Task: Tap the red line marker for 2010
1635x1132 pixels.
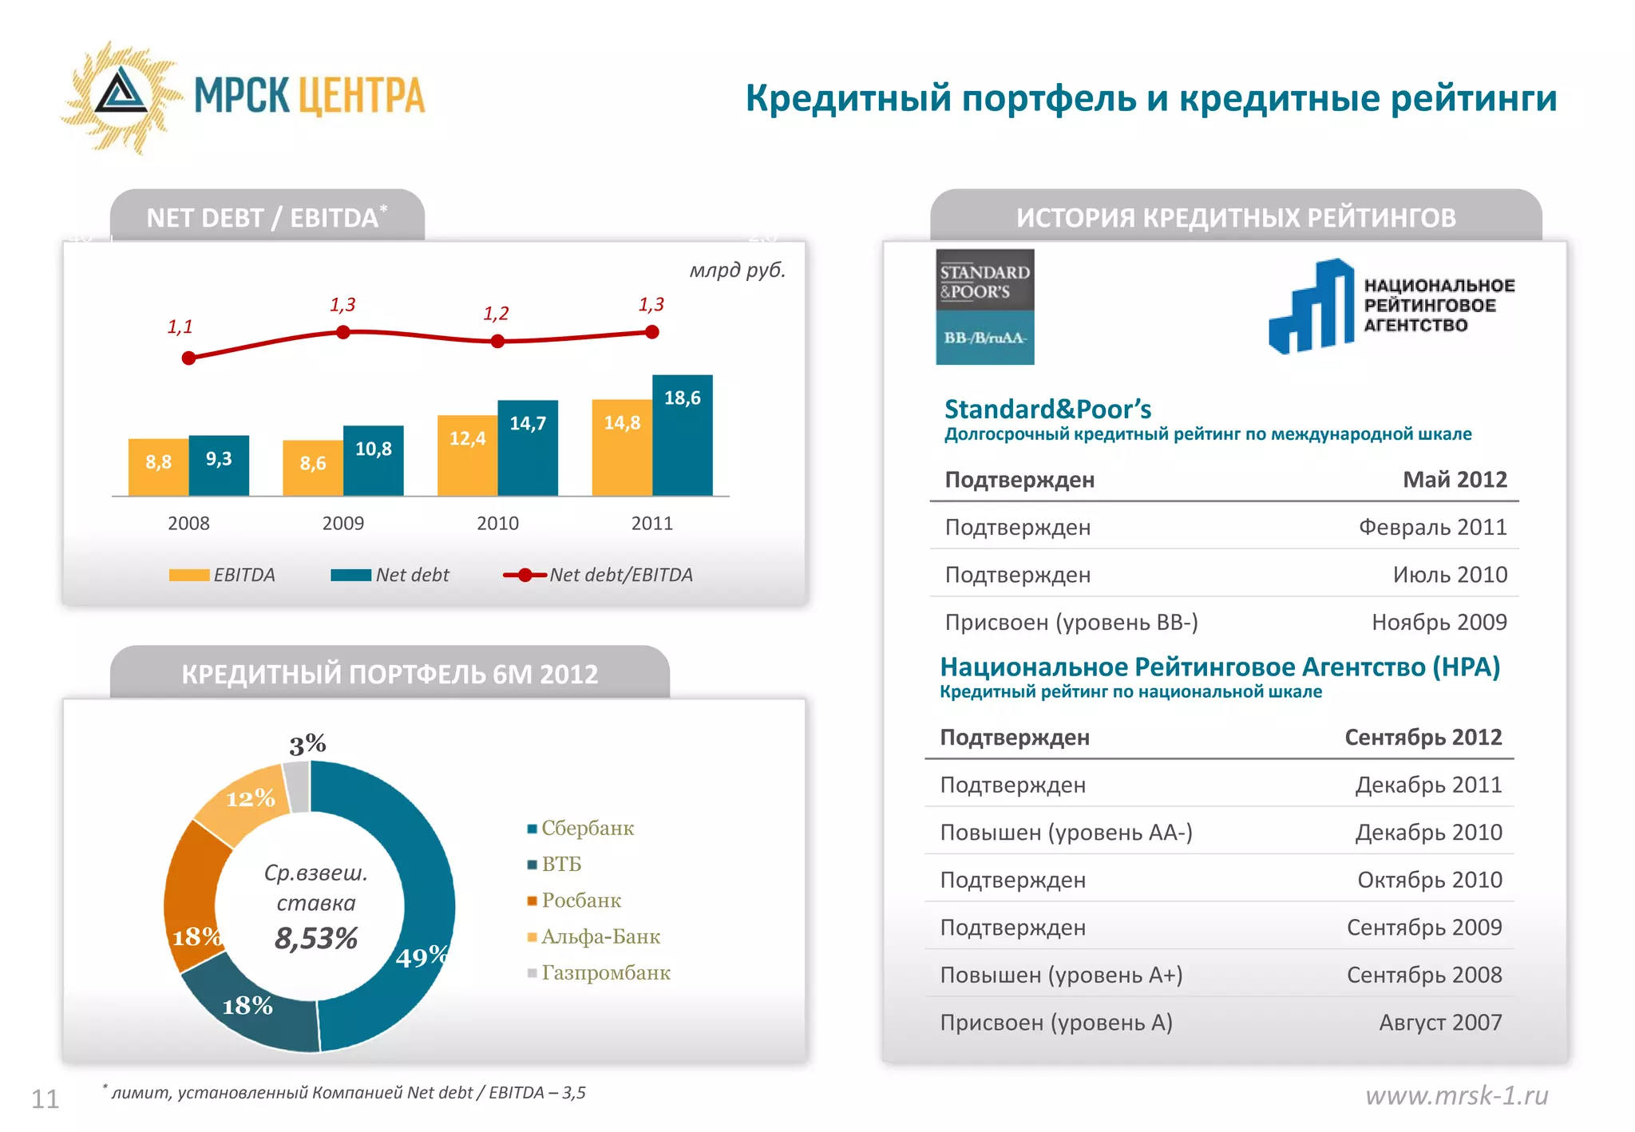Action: click(497, 342)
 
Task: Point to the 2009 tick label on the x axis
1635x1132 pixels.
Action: click(342, 524)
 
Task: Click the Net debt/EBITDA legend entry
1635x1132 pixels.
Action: click(598, 575)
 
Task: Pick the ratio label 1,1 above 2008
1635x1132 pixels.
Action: click(180, 327)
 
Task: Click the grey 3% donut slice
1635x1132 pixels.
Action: click(297, 786)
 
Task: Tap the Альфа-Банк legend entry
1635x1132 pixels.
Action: click(594, 936)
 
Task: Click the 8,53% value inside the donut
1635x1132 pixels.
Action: click(316, 938)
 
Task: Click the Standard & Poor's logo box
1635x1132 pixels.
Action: click(984, 307)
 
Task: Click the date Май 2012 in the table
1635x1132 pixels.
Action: click(1455, 480)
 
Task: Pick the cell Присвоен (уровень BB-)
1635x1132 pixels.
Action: click(1071, 623)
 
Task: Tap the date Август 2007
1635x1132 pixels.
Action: click(1440, 1023)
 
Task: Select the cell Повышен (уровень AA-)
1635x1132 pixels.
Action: click(1066, 833)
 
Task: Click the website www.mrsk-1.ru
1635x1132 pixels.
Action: click(1456, 1095)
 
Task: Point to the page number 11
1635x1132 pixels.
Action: click(46, 1099)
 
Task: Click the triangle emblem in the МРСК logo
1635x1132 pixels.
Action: click(121, 94)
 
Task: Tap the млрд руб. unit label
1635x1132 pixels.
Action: click(737, 270)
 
